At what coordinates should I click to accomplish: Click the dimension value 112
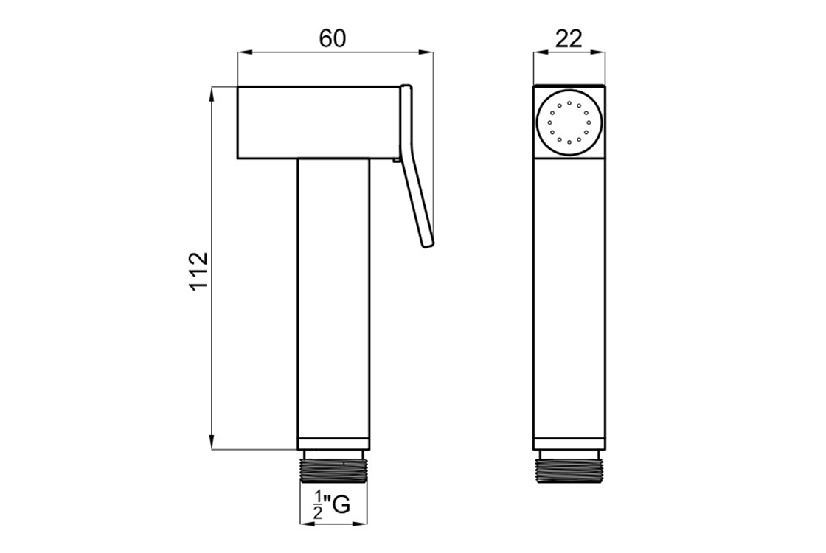pos(199,271)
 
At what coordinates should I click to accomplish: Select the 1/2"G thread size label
pos(332,504)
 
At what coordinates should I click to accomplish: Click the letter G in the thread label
pos(341,504)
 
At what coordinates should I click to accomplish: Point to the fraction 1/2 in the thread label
pos(318,504)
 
